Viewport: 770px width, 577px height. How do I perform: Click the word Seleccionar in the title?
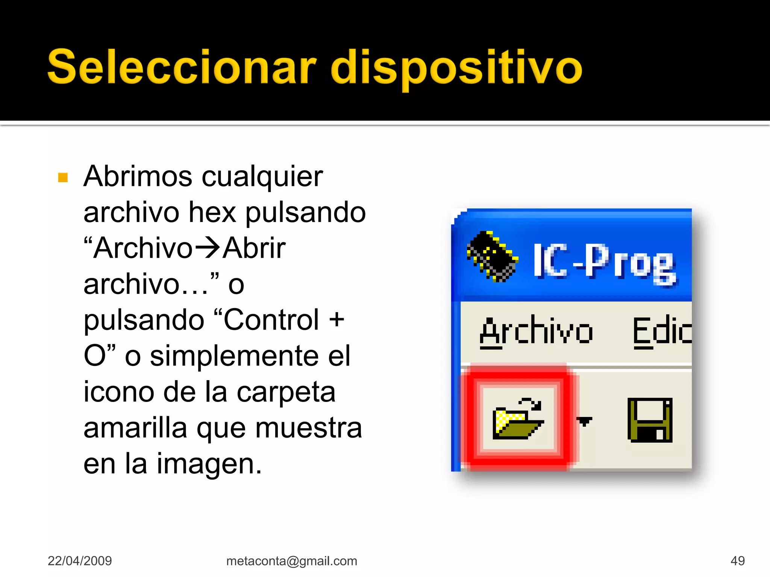[182, 68]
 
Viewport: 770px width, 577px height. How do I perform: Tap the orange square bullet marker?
[63, 177]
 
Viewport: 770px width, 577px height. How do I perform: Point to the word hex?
[212, 212]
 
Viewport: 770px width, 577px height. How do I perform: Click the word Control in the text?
[271, 320]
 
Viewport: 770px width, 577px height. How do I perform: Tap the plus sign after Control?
[336, 320]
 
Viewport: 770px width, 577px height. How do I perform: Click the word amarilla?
[135, 428]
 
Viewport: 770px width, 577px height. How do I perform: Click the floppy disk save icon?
[650, 420]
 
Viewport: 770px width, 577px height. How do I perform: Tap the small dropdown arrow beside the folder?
[585, 421]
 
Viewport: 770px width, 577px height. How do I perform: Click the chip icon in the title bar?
[492, 257]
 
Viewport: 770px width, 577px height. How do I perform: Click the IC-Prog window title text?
[605, 262]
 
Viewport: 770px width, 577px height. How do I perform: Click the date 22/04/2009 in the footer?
[80, 561]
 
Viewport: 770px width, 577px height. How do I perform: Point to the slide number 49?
[737, 561]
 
